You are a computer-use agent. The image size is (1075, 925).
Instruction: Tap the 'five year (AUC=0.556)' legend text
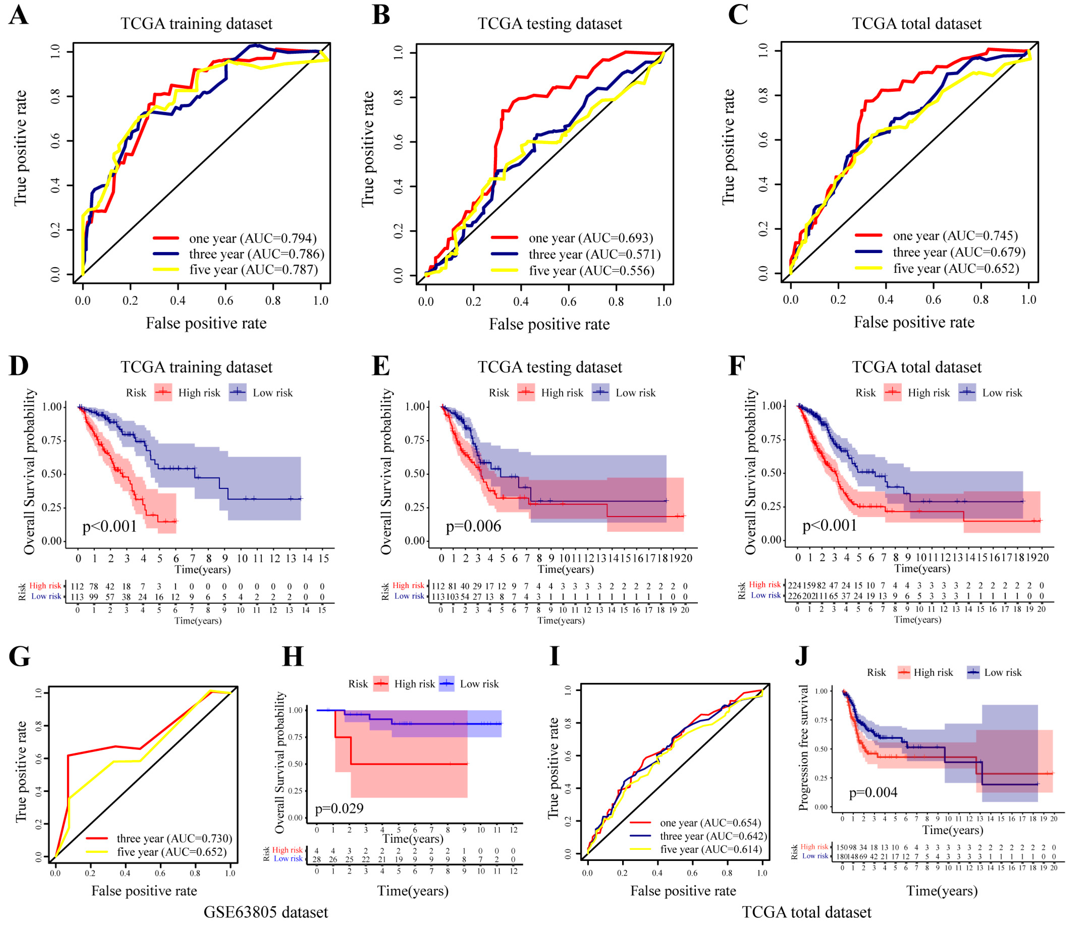pyautogui.click(x=591, y=271)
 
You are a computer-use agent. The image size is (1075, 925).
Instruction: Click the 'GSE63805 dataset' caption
pyautogui.click(x=266, y=912)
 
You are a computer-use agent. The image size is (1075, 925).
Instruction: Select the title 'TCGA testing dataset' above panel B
pyautogui.click(x=549, y=24)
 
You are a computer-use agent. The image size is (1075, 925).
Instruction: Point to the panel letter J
pyautogui.click(x=802, y=656)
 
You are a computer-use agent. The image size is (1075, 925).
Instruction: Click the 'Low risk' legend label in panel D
pyautogui.click(x=272, y=393)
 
